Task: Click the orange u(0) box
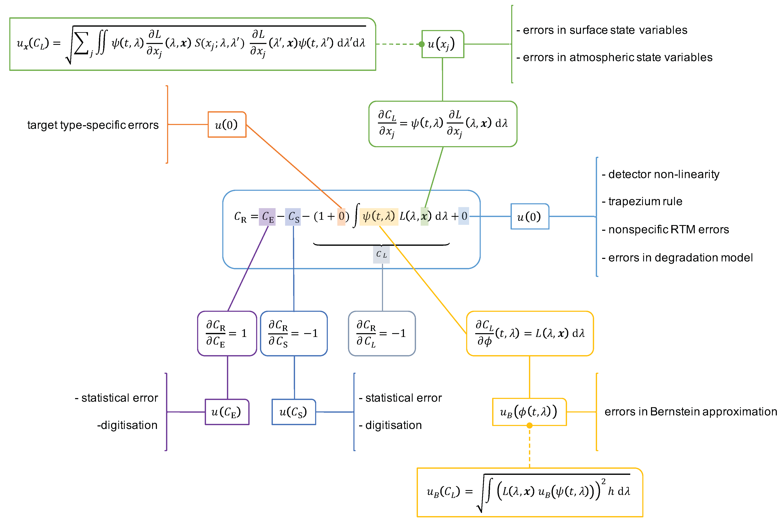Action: [x=227, y=125]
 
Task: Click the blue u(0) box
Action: [x=530, y=217]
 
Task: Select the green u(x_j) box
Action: [x=442, y=44]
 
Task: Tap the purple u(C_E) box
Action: [x=227, y=412]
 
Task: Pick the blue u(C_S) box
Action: [x=294, y=412]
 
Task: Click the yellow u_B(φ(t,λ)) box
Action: [x=529, y=412]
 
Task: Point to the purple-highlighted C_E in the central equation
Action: [x=267, y=217]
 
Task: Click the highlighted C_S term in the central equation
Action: [x=293, y=217]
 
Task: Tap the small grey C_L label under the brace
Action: [x=381, y=254]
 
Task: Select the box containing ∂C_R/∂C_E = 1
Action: [x=227, y=333]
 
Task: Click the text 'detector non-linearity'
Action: [x=663, y=174]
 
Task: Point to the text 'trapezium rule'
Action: [x=645, y=201]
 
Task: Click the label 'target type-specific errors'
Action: [x=93, y=125]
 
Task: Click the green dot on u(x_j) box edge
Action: [x=422, y=44]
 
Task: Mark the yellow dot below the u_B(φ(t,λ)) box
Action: [x=530, y=426]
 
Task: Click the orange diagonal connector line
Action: [x=294, y=166]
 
